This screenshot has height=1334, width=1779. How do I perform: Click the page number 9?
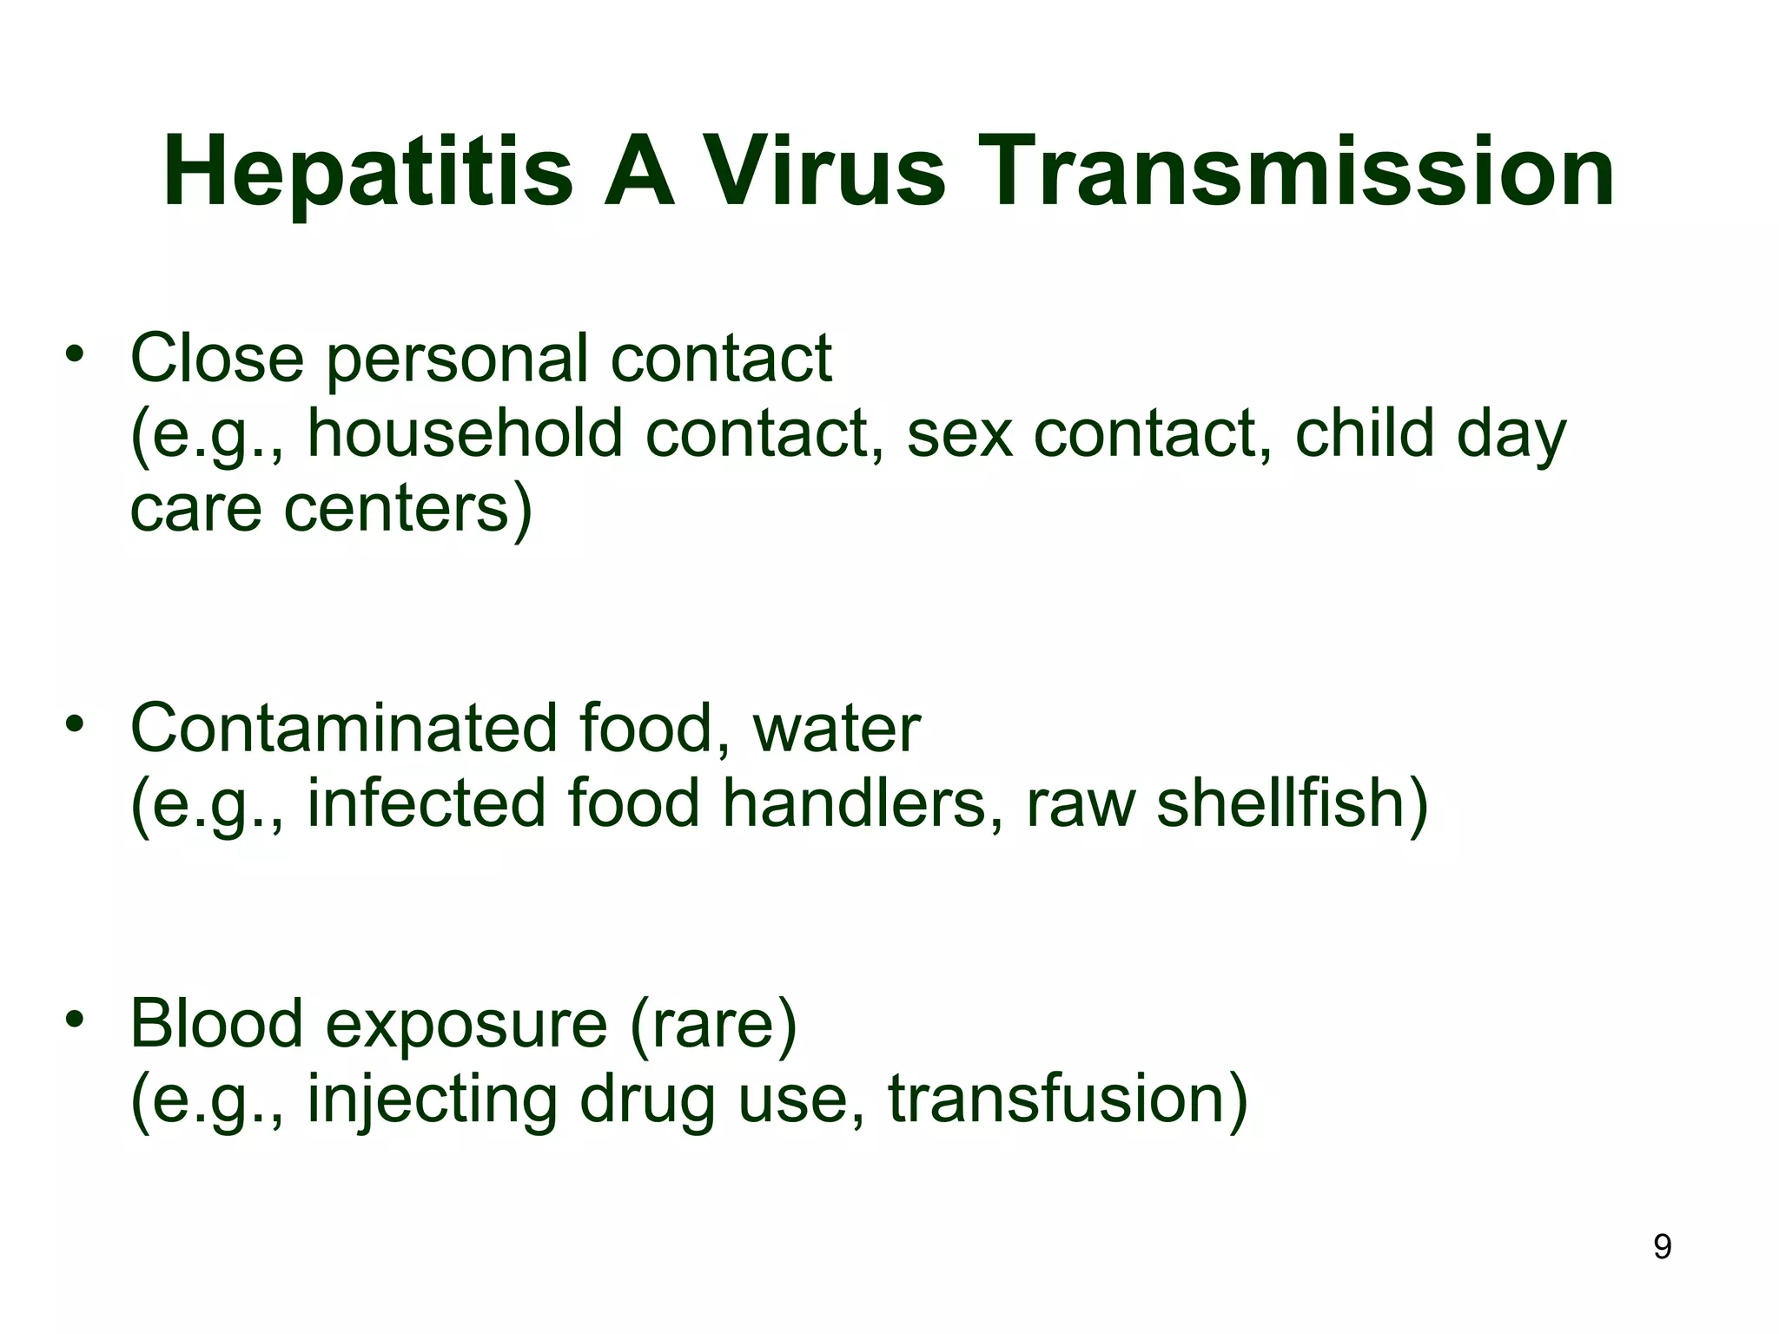pyautogui.click(x=1662, y=1247)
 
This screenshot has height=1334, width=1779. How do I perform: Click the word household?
pyautogui.click(x=465, y=433)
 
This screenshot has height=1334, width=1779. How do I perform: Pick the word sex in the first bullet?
pyautogui.click(x=959, y=433)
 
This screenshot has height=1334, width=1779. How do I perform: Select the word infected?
pyautogui.click(x=426, y=803)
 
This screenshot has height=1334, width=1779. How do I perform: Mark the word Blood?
pyautogui.click(x=216, y=1024)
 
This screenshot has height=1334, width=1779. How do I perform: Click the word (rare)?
pyautogui.click(x=713, y=1024)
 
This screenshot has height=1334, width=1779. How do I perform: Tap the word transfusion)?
pyautogui.click(x=1068, y=1100)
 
